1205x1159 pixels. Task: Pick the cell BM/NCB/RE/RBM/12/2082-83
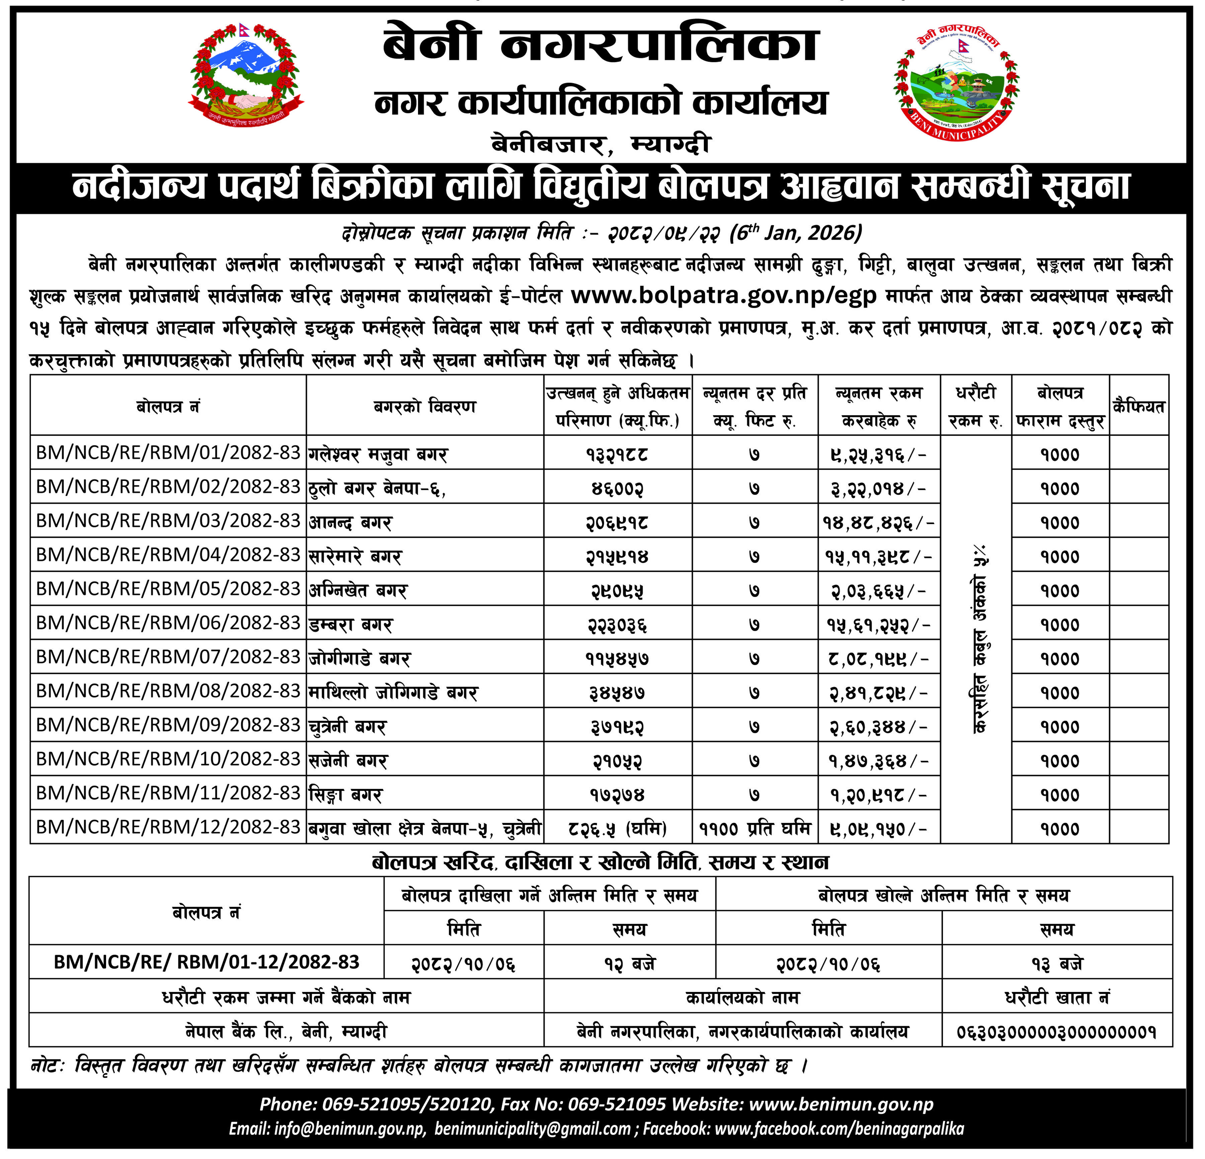point(168,827)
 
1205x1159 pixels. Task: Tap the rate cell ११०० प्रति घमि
point(755,829)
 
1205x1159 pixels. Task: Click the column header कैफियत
point(1139,406)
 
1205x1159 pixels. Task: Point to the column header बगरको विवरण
point(425,406)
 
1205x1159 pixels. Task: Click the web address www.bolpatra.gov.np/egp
point(724,296)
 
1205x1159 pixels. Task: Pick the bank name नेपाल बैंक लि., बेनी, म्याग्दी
point(287,1031)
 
